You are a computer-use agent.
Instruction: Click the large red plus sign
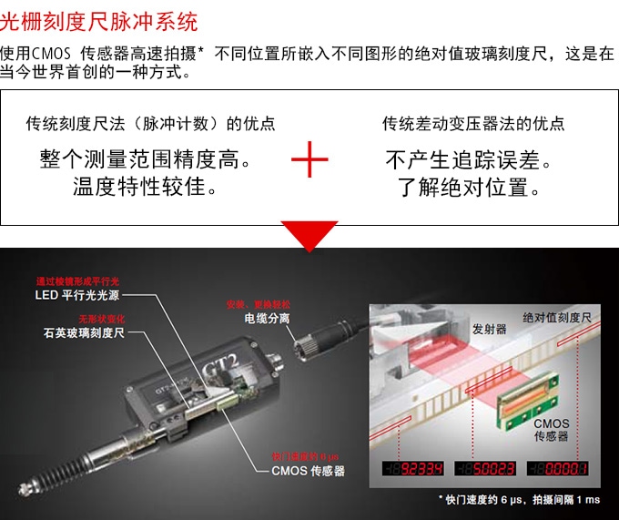[x=309, y=163]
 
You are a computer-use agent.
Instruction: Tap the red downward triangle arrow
[x=309, y=235]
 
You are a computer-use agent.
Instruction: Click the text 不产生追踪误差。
[x=471, y=161]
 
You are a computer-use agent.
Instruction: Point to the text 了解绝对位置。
[x=471, y=189]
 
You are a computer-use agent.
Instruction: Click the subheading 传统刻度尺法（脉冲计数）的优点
[x=151, y=123]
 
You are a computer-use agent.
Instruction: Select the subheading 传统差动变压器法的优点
[x=473, y=123]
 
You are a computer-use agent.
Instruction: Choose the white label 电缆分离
[x=267, y=319]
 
